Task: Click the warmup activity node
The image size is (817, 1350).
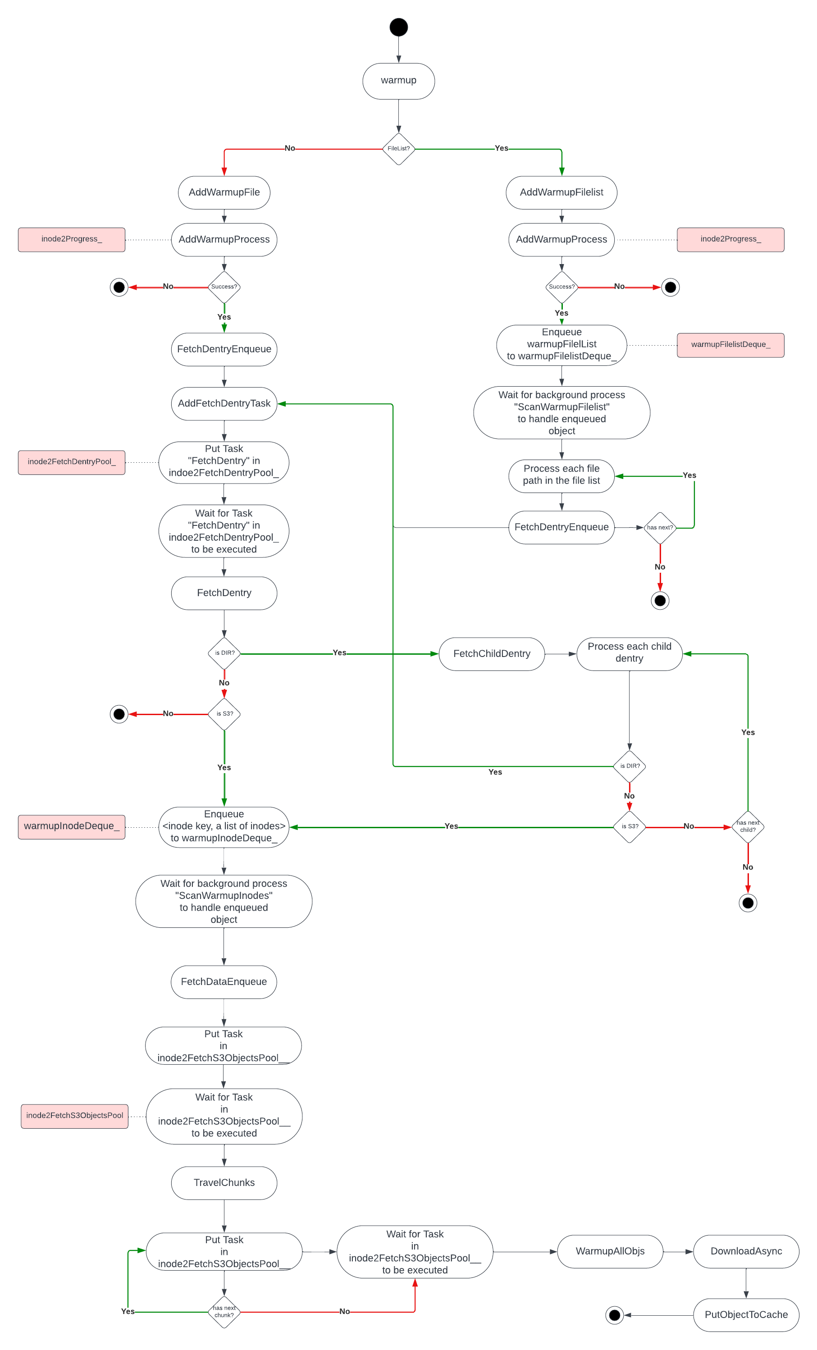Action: [x=398, y=81]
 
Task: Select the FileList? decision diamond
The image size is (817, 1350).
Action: [x=398, y=149]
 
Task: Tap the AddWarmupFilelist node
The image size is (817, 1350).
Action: [x=561, y=192]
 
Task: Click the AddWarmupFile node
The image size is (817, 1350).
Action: [x=224, y=192]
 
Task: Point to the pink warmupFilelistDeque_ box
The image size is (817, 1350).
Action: [x=730, y=345]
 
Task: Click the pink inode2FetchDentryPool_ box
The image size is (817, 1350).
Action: [x=72, y=462]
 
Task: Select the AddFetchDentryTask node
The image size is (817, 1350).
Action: [x=224, y=404]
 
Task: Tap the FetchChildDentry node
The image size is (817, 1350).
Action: [x=492, y=654]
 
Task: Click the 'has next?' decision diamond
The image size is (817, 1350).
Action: [x=660, y=528]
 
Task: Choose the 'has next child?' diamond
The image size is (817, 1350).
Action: [x=748, y=827]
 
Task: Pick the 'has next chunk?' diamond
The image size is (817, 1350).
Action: [x=224, y=1312]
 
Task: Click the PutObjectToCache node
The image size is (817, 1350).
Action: [x=746, y=1314]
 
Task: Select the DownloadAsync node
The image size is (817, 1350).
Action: [x=746, y=1251]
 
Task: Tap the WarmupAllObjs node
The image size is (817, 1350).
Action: [x=610, y=1251]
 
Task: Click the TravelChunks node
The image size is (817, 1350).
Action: [x=224, y=1183]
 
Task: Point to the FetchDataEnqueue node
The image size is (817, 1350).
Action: [x=224, y=982]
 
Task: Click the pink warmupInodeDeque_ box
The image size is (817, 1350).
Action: [x=72, y=827]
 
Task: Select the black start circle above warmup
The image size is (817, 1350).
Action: [x=398, y=27]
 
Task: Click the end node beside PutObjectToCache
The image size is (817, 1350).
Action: [x=614, y=1315]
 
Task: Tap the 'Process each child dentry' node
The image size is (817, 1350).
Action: [x=629, y=654]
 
